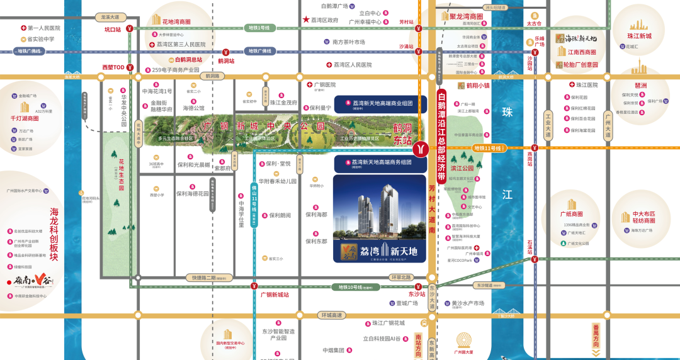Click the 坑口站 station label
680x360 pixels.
pos(112,29)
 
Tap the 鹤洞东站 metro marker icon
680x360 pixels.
pos(421,149)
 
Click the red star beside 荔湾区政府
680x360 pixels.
pos(306,20)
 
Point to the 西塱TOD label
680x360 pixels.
pos(113,67)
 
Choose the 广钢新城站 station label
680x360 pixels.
pos(275,295)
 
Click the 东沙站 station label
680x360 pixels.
pos(417,293)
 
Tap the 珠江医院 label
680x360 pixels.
pos(586,84)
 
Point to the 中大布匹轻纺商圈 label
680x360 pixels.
pos(643,217)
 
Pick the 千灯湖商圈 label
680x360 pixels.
pos(25,118)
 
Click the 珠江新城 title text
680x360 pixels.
pos(638,36)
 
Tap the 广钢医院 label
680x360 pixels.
pos(324,84)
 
